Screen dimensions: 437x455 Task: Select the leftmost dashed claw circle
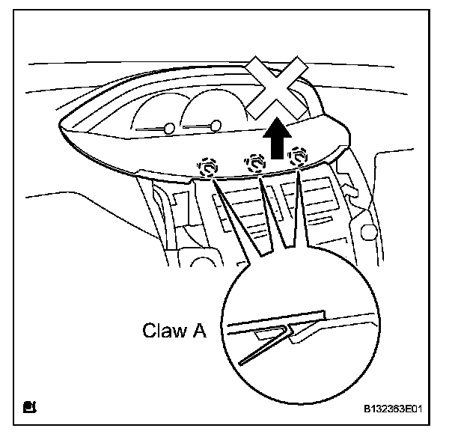(x=209, y=164)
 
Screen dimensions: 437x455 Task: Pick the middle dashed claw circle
(x=256, y=162)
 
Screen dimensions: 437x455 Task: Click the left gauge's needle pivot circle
(x=169, y=129)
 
